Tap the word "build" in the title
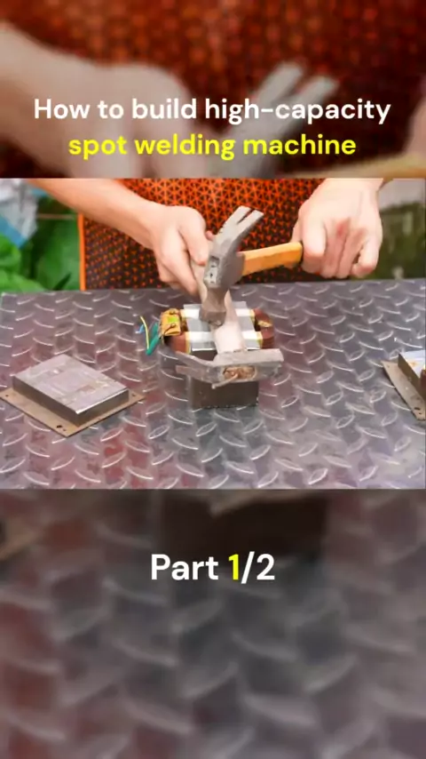click(x=164, y=110)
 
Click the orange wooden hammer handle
click(x=272, y=257)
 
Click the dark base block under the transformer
click(x=224, y=391)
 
